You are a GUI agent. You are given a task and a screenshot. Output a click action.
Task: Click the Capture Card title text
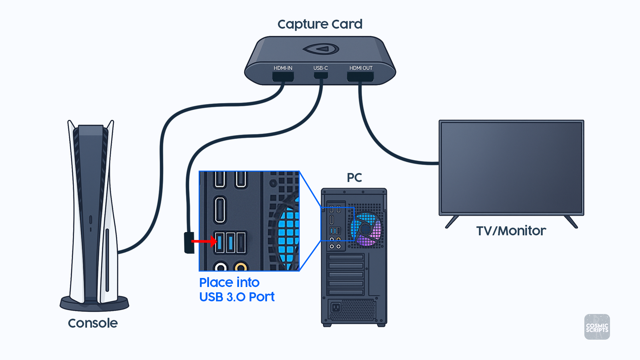point(320,24)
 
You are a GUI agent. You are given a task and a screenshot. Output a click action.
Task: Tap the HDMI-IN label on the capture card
point(283,68)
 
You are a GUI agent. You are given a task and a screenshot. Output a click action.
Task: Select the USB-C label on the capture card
point(320,68)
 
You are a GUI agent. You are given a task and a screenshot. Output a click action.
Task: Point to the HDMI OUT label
point(361,68)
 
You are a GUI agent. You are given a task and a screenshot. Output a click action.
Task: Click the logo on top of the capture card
point(321,49)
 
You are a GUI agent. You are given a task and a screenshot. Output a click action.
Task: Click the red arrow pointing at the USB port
point(204,241)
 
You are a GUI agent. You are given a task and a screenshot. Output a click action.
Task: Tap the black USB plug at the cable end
point(189,243)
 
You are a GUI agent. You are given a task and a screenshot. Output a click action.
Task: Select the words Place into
point(229,283)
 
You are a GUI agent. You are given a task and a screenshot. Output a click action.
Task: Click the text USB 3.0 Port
point(237,297)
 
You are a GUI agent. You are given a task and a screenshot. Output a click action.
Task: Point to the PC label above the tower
point(354,178)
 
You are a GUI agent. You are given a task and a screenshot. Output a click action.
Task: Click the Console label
point(93,323)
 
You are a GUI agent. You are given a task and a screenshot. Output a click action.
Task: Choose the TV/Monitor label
point(511,231)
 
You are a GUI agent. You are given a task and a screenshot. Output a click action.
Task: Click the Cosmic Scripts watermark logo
point(597,327)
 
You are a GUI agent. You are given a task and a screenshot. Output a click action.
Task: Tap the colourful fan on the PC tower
point(366,229)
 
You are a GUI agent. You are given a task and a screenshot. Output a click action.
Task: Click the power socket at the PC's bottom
point(336,307)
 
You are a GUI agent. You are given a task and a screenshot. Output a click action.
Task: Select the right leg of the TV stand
point(571,222)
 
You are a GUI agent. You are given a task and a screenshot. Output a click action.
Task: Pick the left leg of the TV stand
point(452,222)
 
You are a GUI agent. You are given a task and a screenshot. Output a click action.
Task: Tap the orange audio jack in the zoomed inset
point(241,267)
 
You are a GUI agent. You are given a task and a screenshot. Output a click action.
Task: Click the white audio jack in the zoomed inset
point(221,267)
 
